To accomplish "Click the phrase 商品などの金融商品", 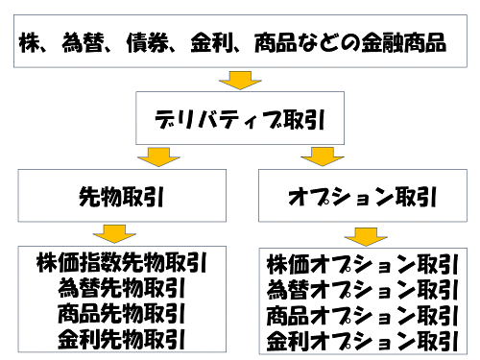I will (349, 43).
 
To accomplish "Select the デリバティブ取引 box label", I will (240, 119).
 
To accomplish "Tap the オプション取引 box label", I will (363, 197).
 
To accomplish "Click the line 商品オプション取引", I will (360, 315).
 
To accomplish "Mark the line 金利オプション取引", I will (360, 340).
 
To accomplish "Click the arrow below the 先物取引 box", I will (114, 232).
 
